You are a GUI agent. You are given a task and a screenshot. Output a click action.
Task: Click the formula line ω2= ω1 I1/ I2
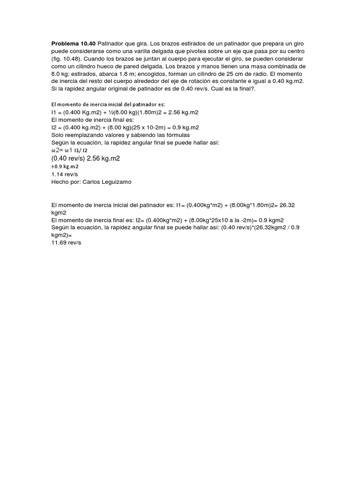(69, 150)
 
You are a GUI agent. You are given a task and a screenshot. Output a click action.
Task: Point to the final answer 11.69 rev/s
(66, 242)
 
